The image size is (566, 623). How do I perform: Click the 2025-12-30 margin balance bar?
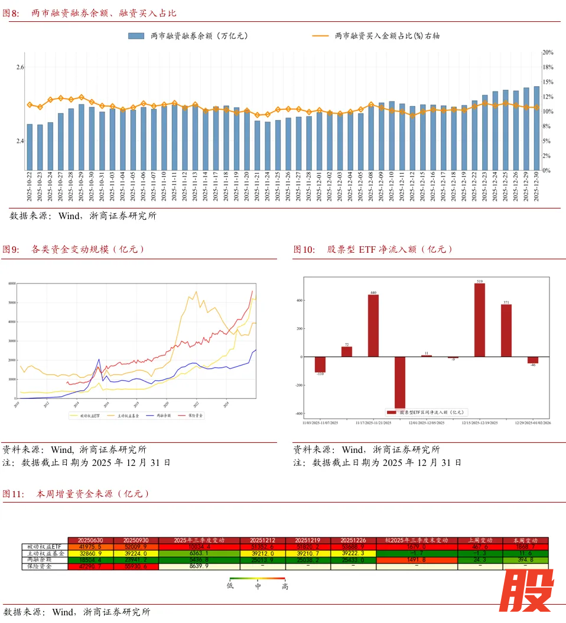pos(536,128)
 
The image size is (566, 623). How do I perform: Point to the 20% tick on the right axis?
pos(548,53)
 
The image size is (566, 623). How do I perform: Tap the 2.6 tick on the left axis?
pos(20,67)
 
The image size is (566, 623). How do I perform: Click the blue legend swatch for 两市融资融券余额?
pos(136,36)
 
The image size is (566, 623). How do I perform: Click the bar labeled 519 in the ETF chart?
pos(479,319)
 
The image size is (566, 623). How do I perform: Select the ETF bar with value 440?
pos(373,325)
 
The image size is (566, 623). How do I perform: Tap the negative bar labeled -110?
pos(320,364)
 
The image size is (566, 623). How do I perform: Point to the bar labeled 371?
pos(506,330)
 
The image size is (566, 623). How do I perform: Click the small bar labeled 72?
pos(347,351)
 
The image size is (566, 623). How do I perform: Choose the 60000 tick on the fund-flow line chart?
pos(12,283)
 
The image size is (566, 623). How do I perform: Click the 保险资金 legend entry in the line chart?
pos(193,416)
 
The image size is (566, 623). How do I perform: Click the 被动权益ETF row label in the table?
pos(44,547)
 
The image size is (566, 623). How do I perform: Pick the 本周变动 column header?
pos(525,540)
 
